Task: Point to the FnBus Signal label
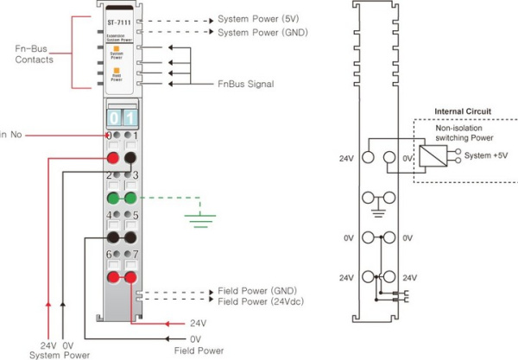tap(244, 84)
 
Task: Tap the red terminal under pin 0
tap(112, 158)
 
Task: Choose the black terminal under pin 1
tap(129, 158)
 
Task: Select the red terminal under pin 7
tap(129, 276)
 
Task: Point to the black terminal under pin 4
tap(112, 237)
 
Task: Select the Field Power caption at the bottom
tap(198, 351)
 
